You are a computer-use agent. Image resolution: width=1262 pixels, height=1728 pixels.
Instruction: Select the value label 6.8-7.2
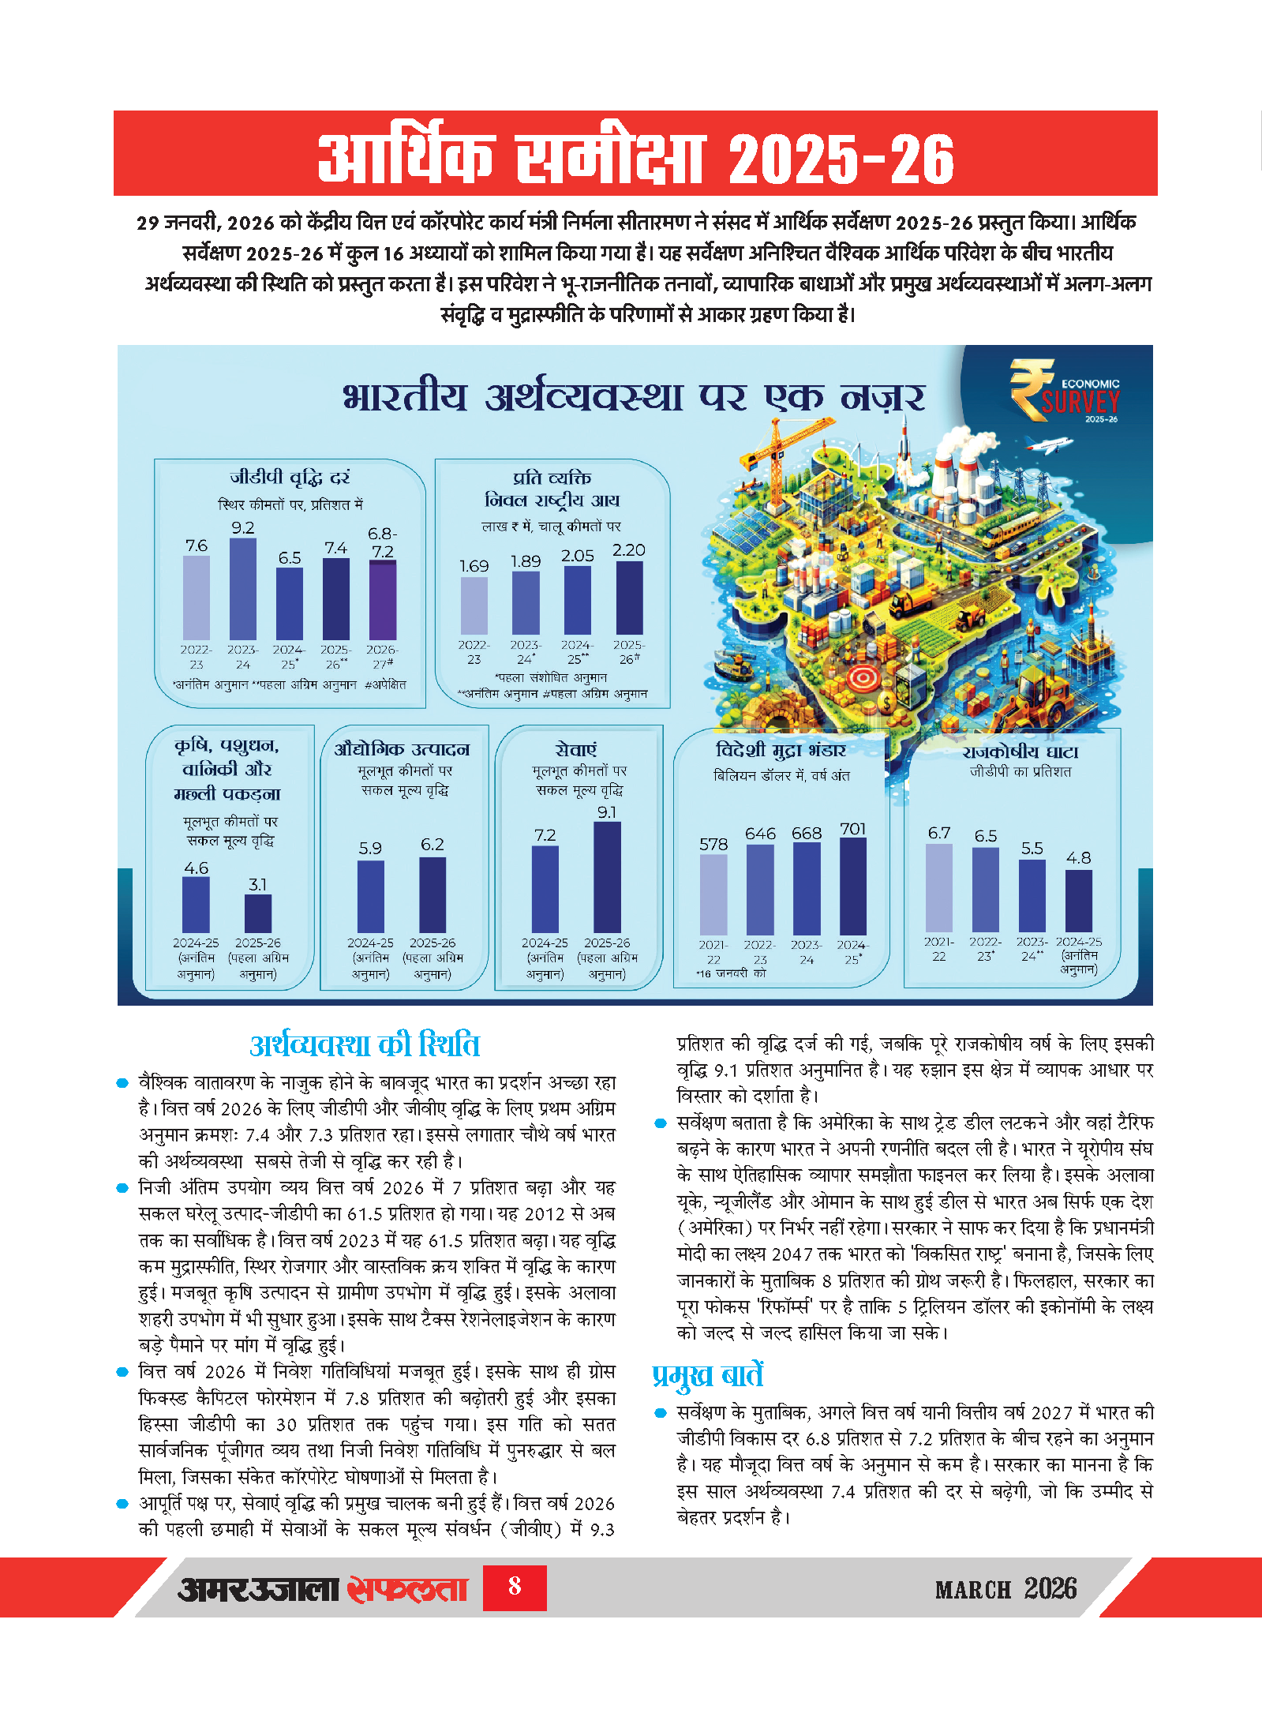pyautogui.click(x=383, y=542)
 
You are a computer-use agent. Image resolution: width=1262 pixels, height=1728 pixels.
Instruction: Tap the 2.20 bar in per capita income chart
pyautogui.click(x=629, y=598)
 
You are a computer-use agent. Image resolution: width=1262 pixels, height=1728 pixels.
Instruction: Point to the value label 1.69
pyautogui.click(x=474, y=566)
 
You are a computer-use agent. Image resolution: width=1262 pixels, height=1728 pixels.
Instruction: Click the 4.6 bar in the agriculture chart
pyautogui.click(x=196, y=905)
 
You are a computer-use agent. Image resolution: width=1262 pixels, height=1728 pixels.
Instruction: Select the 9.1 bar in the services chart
pyautogui.click(x=607, y=877)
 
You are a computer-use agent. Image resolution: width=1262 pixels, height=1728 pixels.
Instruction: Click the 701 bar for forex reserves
pyautogui.click(x=852, y=886)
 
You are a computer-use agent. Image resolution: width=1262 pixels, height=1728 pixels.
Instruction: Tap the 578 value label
pyautogui.click(x=713, y=844)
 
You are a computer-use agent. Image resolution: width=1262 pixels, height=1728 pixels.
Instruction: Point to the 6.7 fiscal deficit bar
pyautogui.click(x=938, y=888)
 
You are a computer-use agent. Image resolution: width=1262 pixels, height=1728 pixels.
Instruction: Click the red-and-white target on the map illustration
pyautogui.click(x=863, y=677)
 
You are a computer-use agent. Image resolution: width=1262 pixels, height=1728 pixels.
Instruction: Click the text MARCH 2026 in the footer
pyautogui.click(x=1005, y=1588)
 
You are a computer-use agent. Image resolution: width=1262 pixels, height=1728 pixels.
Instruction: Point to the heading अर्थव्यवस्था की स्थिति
pyautogui.click(x=365, y=1045)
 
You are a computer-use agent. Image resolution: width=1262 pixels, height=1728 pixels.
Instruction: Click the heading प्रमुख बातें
pyautogui.click(x=707, y=1375)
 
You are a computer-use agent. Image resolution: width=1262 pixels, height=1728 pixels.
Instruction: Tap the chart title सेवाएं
pyautogui.click(x=576, y=749)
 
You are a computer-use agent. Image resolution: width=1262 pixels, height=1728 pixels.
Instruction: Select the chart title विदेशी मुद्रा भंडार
pyautogui.click(x=781, y=750)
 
